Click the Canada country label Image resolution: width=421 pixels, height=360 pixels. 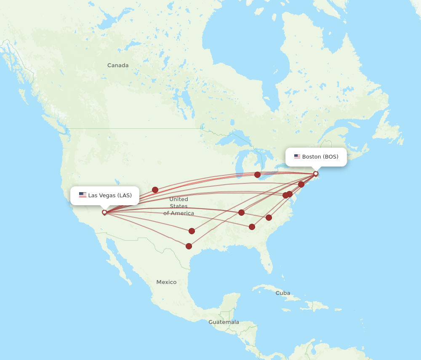[x=118, y=65]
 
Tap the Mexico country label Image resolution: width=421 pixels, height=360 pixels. [x=166, y=282]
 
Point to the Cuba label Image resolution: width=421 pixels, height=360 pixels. [x=282, y=293]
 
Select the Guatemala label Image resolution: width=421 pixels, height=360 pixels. [x=224, y=322]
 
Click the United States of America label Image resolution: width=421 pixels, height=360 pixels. [x=179, y=206]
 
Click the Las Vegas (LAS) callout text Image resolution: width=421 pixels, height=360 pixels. [x=110, y=195]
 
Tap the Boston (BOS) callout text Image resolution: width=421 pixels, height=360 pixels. [x=320, y=156]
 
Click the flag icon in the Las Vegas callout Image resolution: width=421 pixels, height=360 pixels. [x=83, y=195]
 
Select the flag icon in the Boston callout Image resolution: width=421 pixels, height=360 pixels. [x=297, y=156]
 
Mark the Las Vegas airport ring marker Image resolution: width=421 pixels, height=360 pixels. [x=104, y=212]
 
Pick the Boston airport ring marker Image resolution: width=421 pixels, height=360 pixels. [x=316, y=174]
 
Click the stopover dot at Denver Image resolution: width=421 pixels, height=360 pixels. [x=155, y=190]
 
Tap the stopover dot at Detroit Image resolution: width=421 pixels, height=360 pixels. [x=257, y=175]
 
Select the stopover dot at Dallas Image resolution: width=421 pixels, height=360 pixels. [x=192, y=231]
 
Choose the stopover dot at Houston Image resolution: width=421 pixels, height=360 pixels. [x=189, y=246]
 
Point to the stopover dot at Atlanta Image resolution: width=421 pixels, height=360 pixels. [x=252, y=227]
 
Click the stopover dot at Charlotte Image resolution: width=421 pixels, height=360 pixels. [x=269, y=217]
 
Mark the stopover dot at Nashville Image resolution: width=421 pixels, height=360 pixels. [x=241, y=212]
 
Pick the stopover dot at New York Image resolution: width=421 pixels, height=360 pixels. [x=301, y=184]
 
